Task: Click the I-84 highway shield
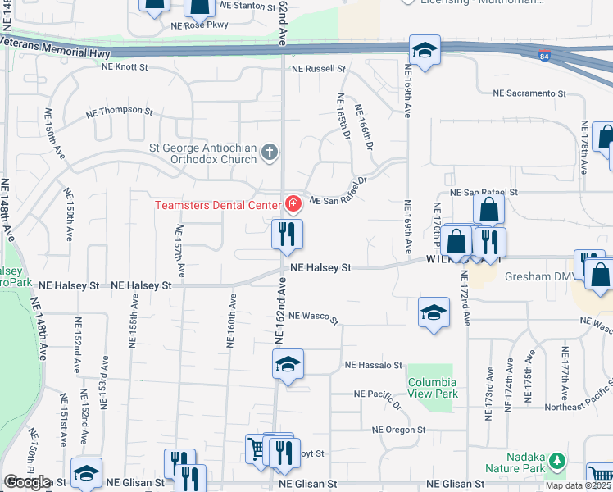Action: [x=545, y=56]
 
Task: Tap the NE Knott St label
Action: [x=125, y=67]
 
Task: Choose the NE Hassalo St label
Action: [x=374, y=365]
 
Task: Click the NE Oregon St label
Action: [x=399, y=430]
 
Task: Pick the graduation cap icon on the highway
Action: [x=425, y=51]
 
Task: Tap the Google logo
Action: [x=27, y=481]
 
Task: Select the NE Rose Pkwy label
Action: [x=201, y=25]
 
